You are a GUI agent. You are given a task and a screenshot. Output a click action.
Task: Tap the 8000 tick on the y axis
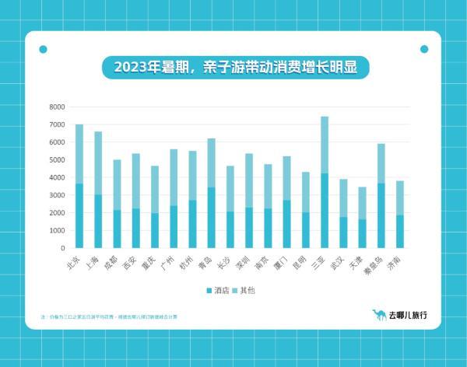tap(56, 107)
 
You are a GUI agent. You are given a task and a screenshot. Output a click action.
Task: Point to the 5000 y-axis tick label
tap(56, 160)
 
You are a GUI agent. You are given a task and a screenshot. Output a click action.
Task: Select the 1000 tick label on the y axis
tap(56, 231)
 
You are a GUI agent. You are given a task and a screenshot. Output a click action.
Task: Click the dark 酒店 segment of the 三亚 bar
tap(325, 210)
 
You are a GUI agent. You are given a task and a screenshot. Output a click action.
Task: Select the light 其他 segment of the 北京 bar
tap(79, 153)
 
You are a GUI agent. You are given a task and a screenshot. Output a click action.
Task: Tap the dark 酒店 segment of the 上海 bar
tap(98, 221)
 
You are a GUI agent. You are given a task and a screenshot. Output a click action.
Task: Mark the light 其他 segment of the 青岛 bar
tap(211, 163)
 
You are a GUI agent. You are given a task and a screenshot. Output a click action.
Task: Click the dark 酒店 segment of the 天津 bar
tap(362, 233)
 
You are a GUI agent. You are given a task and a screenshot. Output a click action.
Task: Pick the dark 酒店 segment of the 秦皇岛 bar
tap(381, 215)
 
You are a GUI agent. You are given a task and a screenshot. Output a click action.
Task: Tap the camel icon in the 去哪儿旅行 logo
tap(379, 315)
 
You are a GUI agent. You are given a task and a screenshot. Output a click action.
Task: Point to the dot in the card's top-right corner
tap(424, 49)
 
